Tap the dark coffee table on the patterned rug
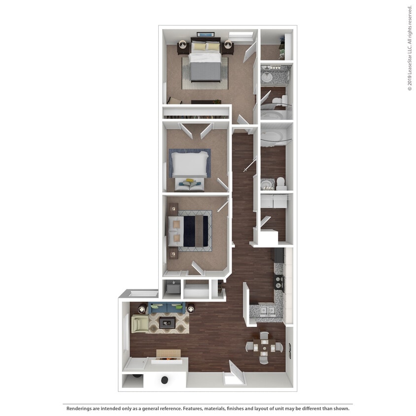click(167, 323)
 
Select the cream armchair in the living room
click(139, 324)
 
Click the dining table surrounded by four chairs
click(265, 347)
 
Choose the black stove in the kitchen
click(279, 282)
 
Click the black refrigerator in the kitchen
click(278, 255)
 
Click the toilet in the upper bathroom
click(279, 102)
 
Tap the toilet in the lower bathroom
click(281, 183)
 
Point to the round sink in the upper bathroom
click(268, 77)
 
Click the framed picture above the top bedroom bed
click(206, 35)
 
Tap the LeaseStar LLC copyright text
click(409, 54)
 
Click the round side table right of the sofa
click(190, 309)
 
